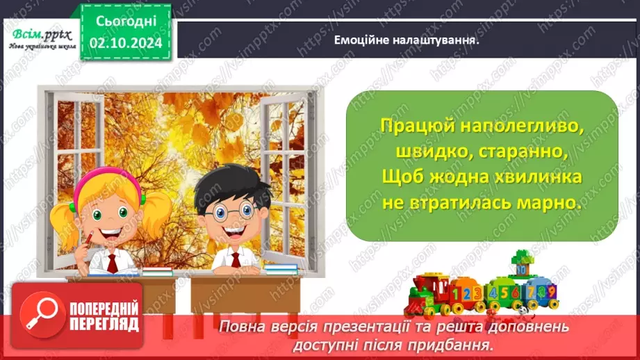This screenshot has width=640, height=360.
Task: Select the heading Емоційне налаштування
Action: (x=409, y=40)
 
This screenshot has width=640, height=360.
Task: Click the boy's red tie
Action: (x=235, y=260)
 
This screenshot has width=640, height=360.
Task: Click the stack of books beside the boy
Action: (x=281, y=268)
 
